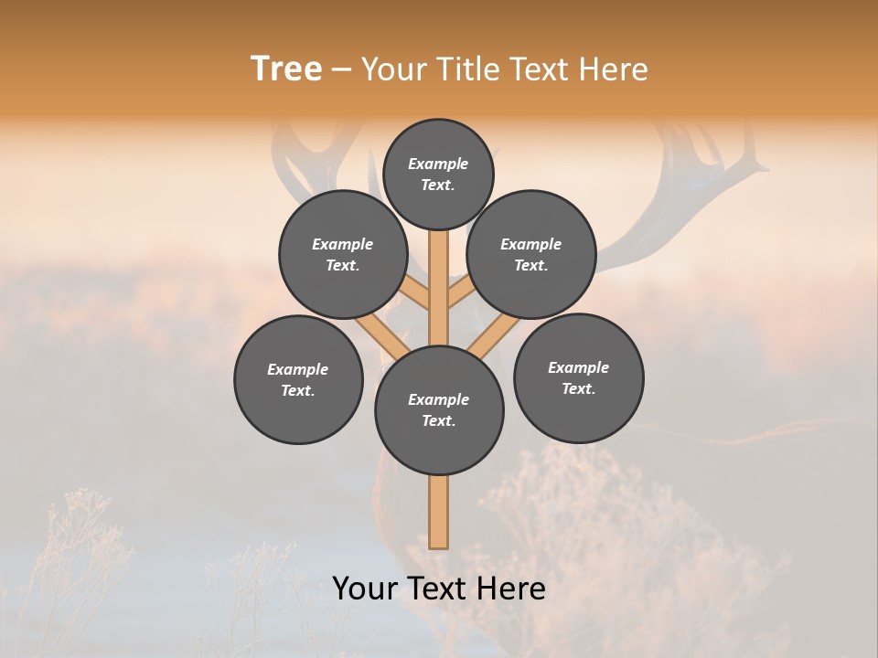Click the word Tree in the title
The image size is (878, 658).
[x=286, y=69]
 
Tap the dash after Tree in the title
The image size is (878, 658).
[x=341, y=69]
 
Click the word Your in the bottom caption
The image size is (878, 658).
[x=365, y=589]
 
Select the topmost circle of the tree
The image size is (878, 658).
[x=438, y=174]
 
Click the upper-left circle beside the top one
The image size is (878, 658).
[x=343, y=254]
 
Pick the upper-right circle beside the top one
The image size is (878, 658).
[x=531, y=254]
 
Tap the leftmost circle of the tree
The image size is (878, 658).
[x=298, y=379]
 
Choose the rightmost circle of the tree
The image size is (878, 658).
[x=578, y=377]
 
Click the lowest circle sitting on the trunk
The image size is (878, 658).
[x=439, y=409]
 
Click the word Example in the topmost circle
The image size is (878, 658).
[x=438, y=164]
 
